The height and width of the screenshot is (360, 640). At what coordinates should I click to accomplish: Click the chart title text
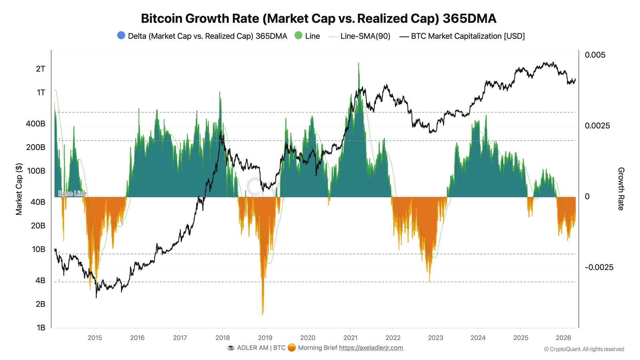318,18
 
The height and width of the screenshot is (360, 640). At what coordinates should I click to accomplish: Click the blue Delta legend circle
121,35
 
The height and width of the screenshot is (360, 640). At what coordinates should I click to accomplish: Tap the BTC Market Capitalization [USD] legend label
468,36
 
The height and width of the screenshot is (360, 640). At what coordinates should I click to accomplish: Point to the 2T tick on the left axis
40,69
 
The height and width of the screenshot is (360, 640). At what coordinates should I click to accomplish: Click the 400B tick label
36,124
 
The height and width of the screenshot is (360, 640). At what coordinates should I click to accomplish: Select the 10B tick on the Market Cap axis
38,249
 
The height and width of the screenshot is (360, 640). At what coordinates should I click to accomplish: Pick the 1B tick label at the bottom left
40,328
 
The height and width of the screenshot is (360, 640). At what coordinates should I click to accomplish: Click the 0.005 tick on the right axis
595,55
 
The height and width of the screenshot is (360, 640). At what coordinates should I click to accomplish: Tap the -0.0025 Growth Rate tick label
599,267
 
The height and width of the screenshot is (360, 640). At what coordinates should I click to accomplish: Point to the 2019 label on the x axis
265,338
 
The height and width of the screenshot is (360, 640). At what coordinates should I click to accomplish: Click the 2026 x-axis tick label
563,338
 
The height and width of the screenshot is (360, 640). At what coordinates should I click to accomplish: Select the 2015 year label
94,338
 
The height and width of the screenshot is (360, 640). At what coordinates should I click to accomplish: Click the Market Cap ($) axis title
19,189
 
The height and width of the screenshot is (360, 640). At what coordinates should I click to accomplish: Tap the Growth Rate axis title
621,189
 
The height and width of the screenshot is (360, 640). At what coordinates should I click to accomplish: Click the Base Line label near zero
72,194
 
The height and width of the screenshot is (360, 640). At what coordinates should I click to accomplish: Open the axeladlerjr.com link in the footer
371,348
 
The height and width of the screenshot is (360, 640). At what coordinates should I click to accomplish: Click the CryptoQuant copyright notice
584,349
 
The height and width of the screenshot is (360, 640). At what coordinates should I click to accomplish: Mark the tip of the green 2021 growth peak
358,63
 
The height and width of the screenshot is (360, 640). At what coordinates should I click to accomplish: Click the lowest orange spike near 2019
262,314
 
